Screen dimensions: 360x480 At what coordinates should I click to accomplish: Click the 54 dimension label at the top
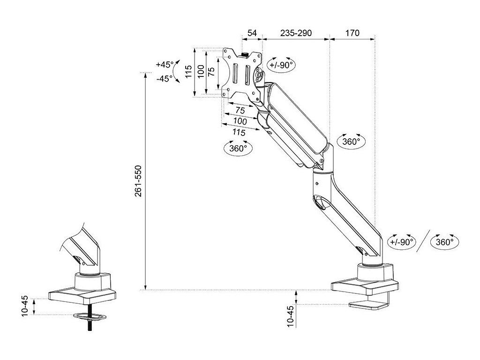point(252,33)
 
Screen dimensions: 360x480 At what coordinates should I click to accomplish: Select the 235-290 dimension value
point(296,33)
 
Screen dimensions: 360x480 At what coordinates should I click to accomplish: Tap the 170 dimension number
point(352,33)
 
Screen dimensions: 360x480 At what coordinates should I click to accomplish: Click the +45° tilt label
point(165,65)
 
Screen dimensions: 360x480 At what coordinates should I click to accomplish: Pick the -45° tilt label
point(165,79)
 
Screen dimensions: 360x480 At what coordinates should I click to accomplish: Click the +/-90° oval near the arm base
point(402,242)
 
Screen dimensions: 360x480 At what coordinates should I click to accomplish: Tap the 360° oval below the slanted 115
point(238,148)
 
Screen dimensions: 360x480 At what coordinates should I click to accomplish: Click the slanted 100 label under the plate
point(240,121)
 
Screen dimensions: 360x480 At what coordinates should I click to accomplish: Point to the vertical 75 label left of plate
point(212,72)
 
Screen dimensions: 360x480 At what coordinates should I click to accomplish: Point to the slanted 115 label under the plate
point(239,132)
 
